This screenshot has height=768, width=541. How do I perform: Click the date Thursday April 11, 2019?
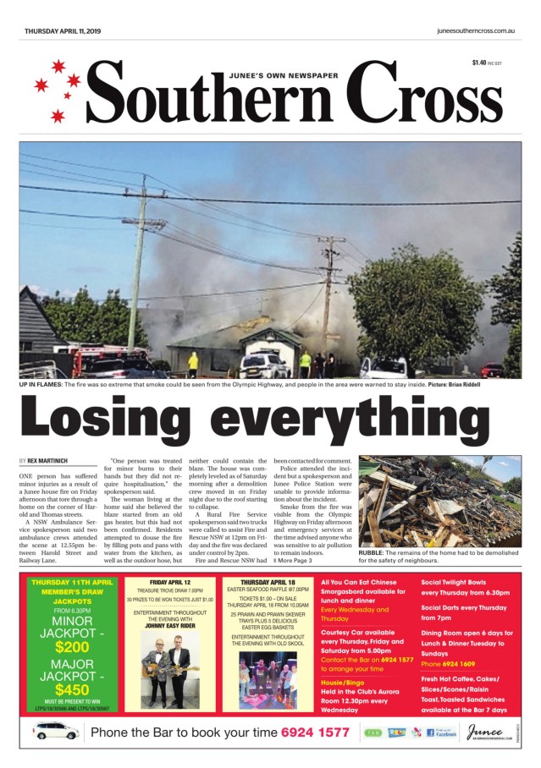[63, 30]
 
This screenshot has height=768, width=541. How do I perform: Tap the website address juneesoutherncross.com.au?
[476, 30]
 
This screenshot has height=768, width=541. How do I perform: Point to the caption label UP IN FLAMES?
[45, 386]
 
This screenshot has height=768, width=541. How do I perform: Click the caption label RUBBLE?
[372, 552]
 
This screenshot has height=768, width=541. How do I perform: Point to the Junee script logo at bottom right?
[489, 731]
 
